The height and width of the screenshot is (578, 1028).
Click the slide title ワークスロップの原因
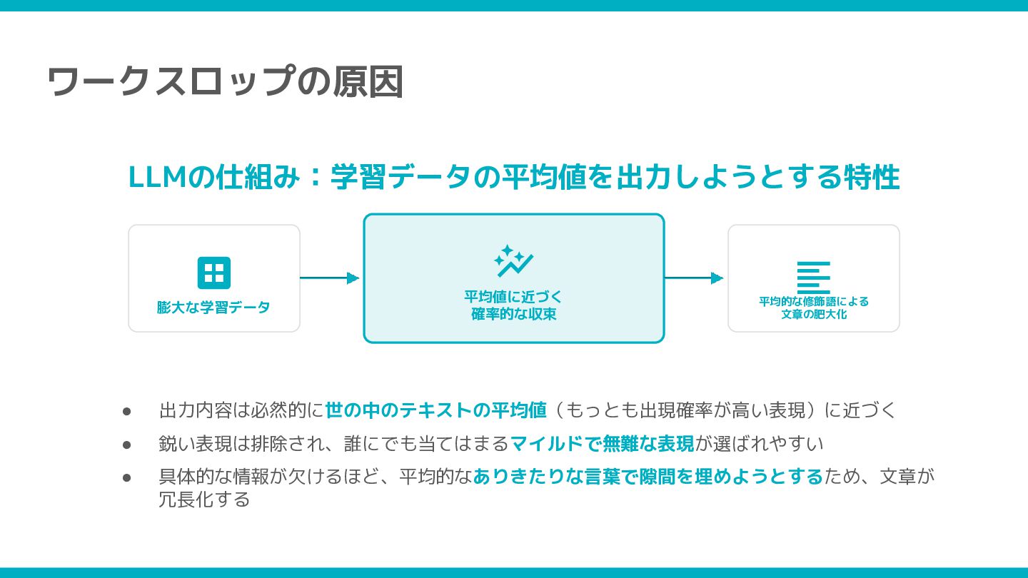tap(225, 81)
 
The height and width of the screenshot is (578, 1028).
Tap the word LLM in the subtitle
tap(157, 178)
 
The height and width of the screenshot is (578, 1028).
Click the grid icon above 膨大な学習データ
tap(214, 273)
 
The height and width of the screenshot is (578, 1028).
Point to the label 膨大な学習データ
tap(214, 308)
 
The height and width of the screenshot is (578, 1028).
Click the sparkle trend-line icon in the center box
tap(514, 262)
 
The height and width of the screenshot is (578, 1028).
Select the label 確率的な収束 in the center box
tap(514, 314)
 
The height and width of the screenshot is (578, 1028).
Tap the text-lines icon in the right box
tap(814, 278)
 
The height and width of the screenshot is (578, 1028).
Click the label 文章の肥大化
tap(814, 314)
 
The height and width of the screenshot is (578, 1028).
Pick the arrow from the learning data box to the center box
tap(330, 278)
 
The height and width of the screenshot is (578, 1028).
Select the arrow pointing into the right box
tap(695, 278)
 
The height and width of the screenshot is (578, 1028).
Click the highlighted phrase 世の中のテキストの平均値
tap(436, 410)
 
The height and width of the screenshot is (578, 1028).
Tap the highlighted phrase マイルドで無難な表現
tap(602, 444)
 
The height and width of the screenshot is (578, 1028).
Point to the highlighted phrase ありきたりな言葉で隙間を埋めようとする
tap(648, 477)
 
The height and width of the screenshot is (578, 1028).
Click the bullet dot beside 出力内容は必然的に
tap(127, 411)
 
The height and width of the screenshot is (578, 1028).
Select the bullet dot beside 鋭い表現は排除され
tap(127, 444)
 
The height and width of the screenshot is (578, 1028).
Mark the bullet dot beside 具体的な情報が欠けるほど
tap(127, 477)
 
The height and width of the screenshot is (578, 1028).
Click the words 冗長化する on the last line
tap(204, 499)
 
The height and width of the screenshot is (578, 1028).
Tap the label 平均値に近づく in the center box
tap(514, 297)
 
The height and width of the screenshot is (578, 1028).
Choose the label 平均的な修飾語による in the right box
tap(814, 301)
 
